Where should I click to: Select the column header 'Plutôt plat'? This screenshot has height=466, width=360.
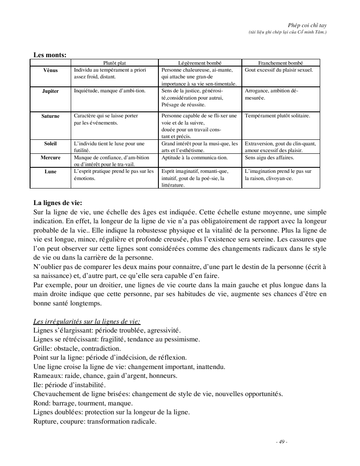(114, 63)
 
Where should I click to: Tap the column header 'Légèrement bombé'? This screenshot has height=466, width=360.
(200, 63)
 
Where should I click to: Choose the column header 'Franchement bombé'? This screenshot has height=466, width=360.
(281, 63)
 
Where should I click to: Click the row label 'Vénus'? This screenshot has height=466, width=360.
(50, 70)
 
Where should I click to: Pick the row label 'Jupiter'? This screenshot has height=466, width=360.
(50, 91)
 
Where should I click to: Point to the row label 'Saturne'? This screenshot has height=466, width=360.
(50, 116)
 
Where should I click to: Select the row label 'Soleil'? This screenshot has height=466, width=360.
(50, 144)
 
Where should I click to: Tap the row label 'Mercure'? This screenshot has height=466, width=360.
(50, 158)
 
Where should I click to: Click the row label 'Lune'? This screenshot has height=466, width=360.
(50, 172)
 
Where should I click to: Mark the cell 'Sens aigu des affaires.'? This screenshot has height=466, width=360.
(269, 158)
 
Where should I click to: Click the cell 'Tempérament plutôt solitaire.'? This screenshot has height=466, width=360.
(277, 116)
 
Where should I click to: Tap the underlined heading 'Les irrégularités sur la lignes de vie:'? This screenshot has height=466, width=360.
(86, 321)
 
